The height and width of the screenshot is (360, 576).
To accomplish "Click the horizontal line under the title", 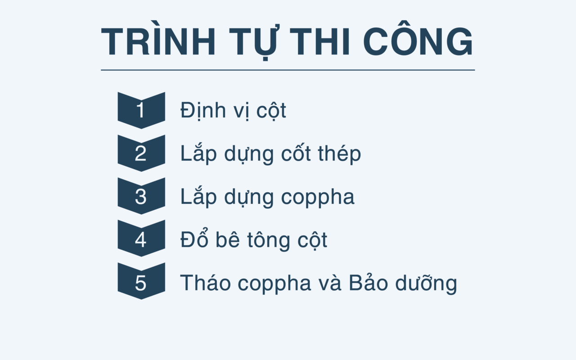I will pyautogui.click(x=288, y=70).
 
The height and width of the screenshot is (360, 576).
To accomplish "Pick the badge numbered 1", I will pyautogui.click(x=141, y=110).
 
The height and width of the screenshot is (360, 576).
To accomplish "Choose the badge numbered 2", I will pyautogui.click(x=141, y=153).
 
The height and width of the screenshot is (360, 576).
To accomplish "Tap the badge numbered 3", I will pyautogui.click(x=141, y=196).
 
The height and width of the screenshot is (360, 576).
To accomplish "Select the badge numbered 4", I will pyautogui.click(x=141, y=238).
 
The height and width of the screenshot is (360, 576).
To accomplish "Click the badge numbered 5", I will pyautogui.click(x=141, y=281).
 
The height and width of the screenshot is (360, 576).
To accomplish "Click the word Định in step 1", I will pyautogui.click(x=202, y=111).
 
